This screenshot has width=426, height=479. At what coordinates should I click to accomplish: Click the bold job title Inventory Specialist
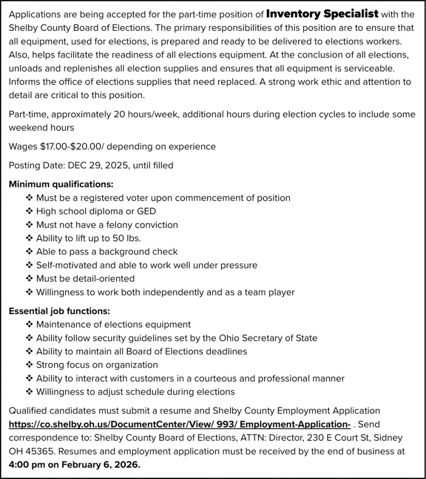322,15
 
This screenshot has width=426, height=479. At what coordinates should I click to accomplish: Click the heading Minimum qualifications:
61,184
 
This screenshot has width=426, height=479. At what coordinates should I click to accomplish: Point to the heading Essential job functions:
59,311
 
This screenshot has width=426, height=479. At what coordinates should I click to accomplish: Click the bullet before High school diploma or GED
29,211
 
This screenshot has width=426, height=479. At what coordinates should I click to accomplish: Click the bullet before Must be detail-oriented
29,279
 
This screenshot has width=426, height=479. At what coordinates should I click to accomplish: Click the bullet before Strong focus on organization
29,365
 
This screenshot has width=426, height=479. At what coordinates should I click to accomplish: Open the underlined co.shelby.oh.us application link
179,424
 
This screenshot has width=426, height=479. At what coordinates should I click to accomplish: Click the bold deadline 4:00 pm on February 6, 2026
75,464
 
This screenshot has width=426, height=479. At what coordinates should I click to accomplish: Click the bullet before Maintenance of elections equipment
29,325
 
